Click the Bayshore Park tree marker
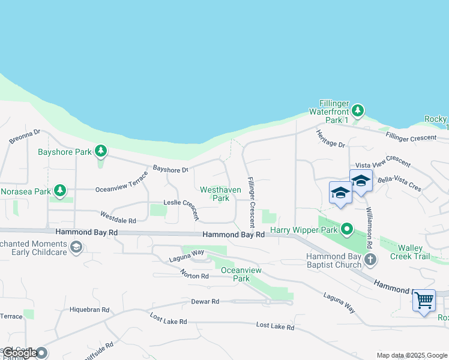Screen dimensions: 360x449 click(x=101, y=151)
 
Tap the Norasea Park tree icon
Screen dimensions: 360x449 click(x=59, y=191)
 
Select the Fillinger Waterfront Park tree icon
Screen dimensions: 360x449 click(x=358, y=110)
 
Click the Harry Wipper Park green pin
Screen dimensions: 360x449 click(x=347, y=229)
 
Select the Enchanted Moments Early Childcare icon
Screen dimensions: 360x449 click(x=76, y=247)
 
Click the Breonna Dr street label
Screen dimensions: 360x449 click(x=25, y=137)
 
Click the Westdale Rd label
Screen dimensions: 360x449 click(x=118, y=217)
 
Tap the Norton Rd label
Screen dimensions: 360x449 click(x=194, y=274)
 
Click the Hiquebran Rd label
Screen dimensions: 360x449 click(x=89, y=310)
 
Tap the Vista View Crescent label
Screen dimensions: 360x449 click(x=383, y=165)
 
